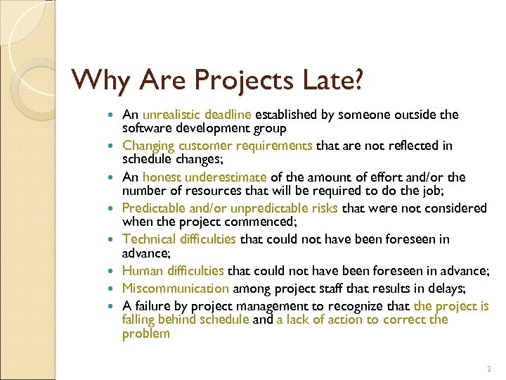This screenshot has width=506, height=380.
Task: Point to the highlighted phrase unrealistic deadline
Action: (197, 115)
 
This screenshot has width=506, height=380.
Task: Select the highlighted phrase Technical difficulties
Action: (179, 240)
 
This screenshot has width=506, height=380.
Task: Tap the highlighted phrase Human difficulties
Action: (174, 271)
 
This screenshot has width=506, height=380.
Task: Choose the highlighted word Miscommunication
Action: (176, 288)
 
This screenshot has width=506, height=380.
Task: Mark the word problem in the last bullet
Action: (145, 333)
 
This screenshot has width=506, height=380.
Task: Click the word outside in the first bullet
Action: (417, 115)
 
